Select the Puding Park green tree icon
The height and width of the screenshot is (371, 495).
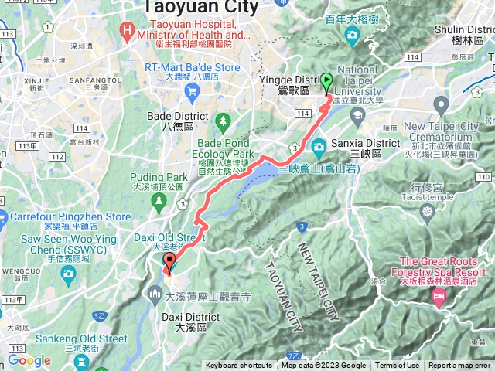159,201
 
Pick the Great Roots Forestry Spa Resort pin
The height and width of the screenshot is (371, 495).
442,297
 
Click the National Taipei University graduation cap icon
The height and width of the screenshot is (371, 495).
357,116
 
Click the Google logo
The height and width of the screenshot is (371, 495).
29,360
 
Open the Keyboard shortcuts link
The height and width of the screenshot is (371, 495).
239,366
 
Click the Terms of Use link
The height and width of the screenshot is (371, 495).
398,366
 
